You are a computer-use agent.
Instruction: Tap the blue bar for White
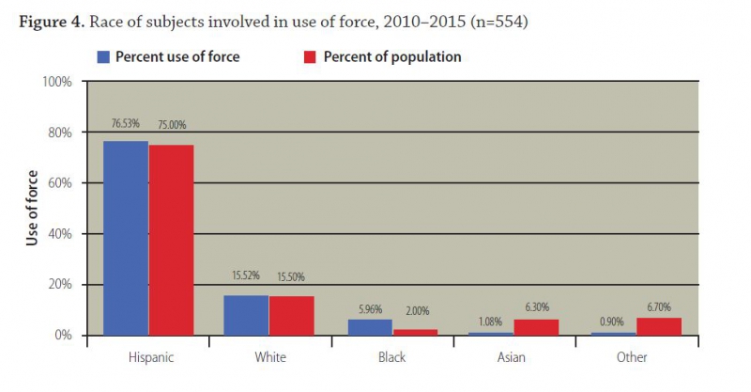(x=246, y=315)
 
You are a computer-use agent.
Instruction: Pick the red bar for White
(x=291, y=315)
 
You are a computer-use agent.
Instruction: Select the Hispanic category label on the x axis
(x=148, y=357)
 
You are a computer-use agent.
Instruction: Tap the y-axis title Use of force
(x=31, y=209)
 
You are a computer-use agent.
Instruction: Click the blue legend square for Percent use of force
(x=103, y=56)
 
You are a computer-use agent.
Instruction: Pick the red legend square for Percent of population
(x=311, y=56)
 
